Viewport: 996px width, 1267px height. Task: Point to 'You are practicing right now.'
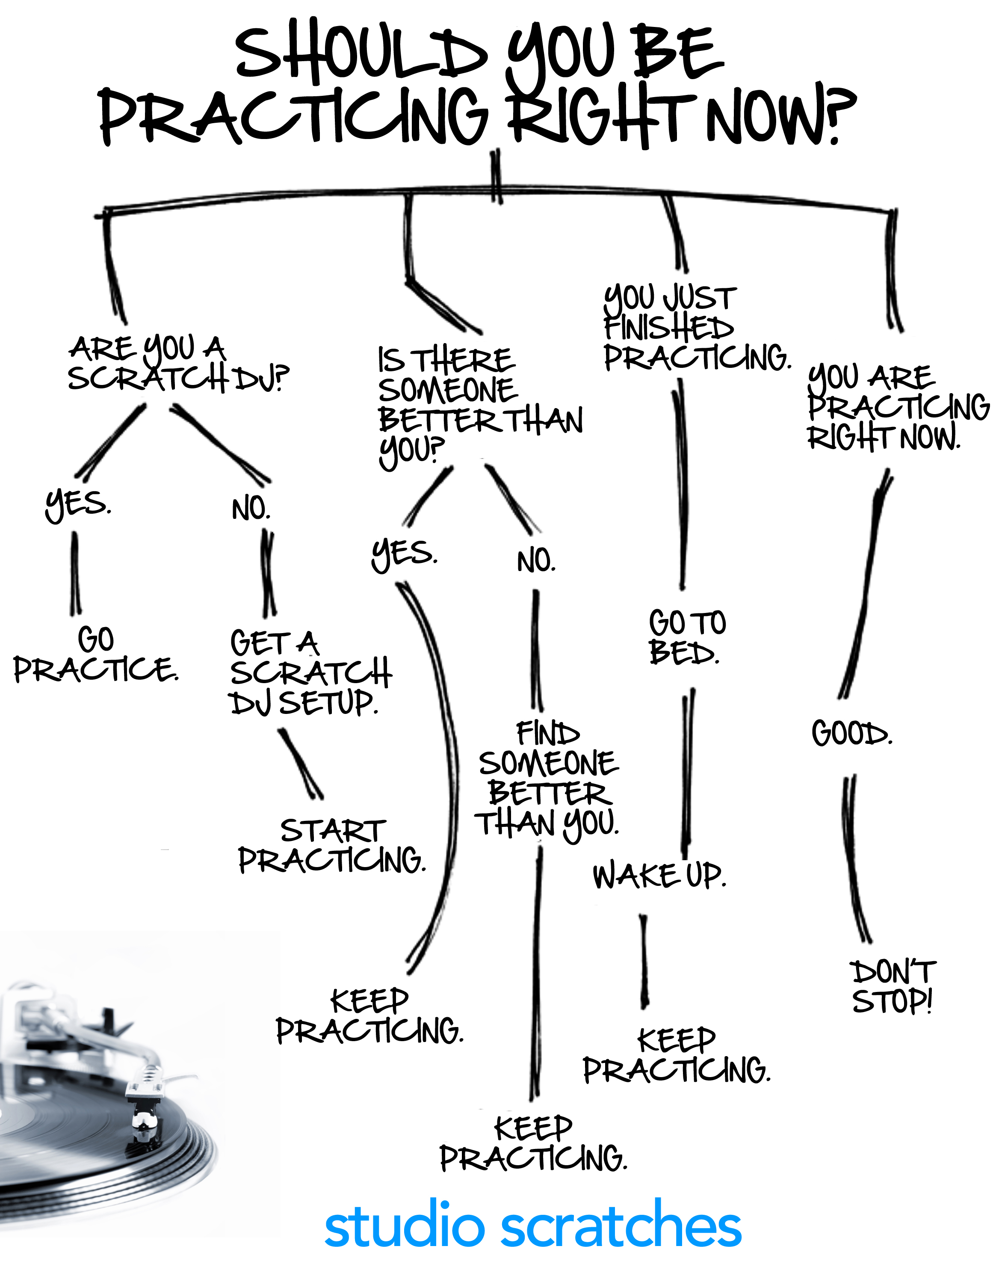tap(898, 407)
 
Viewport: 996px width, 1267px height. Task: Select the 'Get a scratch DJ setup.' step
tap(310, 672)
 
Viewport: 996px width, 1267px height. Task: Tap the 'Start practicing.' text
tap(332, 846)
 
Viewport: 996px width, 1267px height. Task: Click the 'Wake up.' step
tap(659, 876)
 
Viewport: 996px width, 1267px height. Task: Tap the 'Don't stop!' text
tap(892, 986)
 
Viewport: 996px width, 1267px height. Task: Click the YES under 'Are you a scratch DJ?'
tap(77, 505)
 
